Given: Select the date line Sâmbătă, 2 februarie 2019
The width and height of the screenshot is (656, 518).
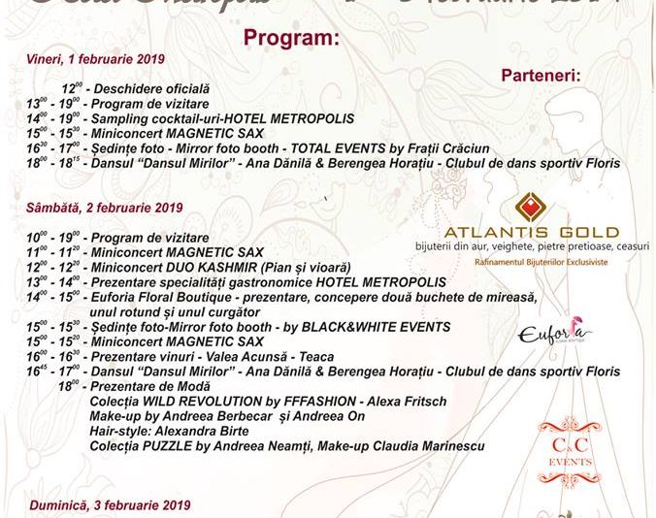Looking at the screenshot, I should pyautogui.click(x=104, y=207).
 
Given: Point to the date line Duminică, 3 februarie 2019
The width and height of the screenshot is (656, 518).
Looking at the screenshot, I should pyautogui.click(x=106, y=505).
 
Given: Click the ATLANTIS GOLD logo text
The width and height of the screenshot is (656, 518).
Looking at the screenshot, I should pyautogui.click(x=531, y=232).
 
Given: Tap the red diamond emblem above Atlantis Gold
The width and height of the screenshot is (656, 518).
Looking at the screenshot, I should pyautogui.click(x=530, y=205).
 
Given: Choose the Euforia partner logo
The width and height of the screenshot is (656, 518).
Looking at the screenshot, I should pyautogui.click(x=555, y=334).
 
